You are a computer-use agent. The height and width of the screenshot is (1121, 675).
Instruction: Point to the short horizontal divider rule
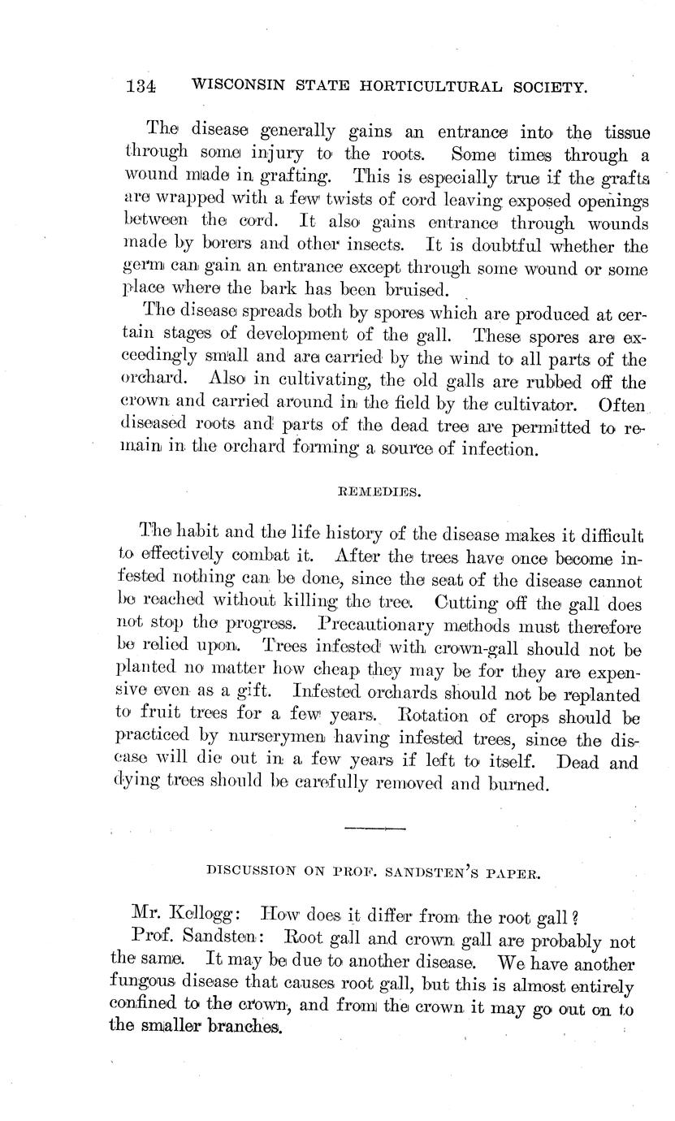[374, 828]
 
